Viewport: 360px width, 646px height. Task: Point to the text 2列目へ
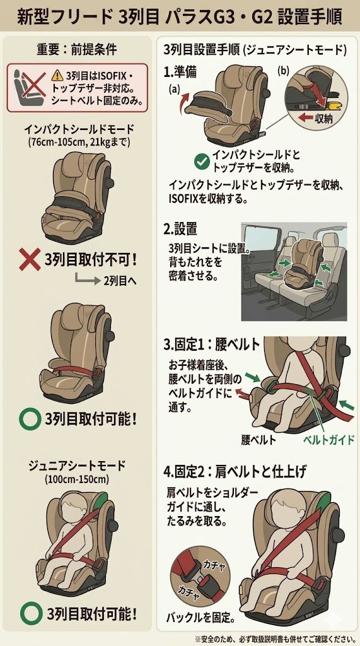[x=119, y=281]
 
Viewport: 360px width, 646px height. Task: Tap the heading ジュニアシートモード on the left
[x=77, y=466]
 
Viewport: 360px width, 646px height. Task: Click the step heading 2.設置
[x=180, y=228]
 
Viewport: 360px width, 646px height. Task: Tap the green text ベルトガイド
[x=328, y=440]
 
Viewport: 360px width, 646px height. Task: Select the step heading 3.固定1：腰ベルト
[x=211, y=344]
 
